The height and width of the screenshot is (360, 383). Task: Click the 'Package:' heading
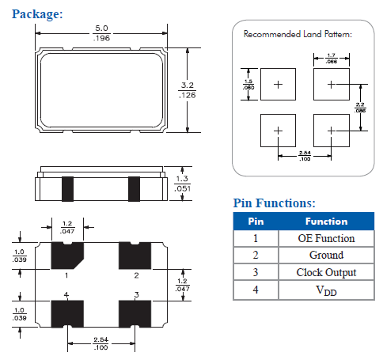[x=38, y=13]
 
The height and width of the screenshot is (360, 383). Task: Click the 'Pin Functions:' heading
[x=275, y=203]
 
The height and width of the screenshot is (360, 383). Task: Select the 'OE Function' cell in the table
[x=325, y=238]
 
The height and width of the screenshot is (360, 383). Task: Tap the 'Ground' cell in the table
[x=325, y=256]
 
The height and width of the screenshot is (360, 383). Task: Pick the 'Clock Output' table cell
[x=325, y=273]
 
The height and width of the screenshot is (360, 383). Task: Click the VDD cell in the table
[x=325, y=290]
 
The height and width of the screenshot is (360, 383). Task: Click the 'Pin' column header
[x=256, y=222]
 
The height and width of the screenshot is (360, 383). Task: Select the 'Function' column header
[x=325, y=222]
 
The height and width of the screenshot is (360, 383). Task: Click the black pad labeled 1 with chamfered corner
[x=67, y=255]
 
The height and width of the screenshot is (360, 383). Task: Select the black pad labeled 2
[x=135, y=256]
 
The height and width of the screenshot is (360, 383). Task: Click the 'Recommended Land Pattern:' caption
[x=297, y=35]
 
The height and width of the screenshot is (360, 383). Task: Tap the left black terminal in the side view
[x=66, y=188]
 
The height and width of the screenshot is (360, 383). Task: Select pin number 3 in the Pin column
[x=256, y=273]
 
